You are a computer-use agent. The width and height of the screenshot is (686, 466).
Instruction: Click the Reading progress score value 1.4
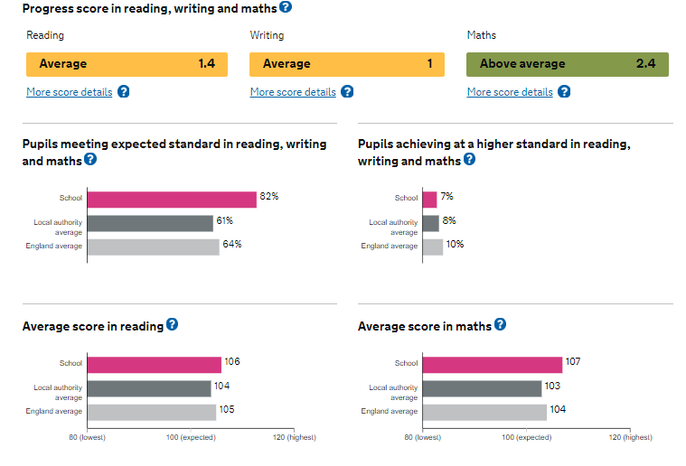[x=207, y=64]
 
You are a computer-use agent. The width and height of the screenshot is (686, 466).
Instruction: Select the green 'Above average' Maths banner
[x=567, y=64]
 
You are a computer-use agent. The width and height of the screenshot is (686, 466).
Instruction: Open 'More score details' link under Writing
[x=293, y=92]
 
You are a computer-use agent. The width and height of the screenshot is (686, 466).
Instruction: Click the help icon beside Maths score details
[x=564, y=91]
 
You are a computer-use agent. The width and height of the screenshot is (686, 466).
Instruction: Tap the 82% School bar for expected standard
[x=172, y=199]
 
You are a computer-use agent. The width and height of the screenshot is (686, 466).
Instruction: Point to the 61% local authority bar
[x=150, y=222]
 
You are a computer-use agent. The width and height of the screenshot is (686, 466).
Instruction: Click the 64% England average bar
[x=154, y=247]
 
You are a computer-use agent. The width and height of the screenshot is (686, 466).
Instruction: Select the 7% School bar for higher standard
[x=429, y=199]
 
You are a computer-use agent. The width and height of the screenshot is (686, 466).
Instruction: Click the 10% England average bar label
[x=455, y=245]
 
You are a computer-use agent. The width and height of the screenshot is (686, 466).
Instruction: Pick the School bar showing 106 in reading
[x=155, y=364]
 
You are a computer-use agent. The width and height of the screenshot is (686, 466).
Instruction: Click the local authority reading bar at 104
[x=149, y=388]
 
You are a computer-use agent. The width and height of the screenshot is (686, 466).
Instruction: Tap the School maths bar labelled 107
[x=492, y=364]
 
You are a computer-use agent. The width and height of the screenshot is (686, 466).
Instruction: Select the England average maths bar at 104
[x=484, y=412]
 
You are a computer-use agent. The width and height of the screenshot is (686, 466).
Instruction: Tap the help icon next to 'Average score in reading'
[x=172, y=324]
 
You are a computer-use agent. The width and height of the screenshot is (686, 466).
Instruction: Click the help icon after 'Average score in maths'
[x=500, y=324]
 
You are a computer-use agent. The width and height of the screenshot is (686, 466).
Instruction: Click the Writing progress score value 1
[x=430, y=64]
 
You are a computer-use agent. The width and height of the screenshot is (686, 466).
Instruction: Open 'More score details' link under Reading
[x=70, y=92]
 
